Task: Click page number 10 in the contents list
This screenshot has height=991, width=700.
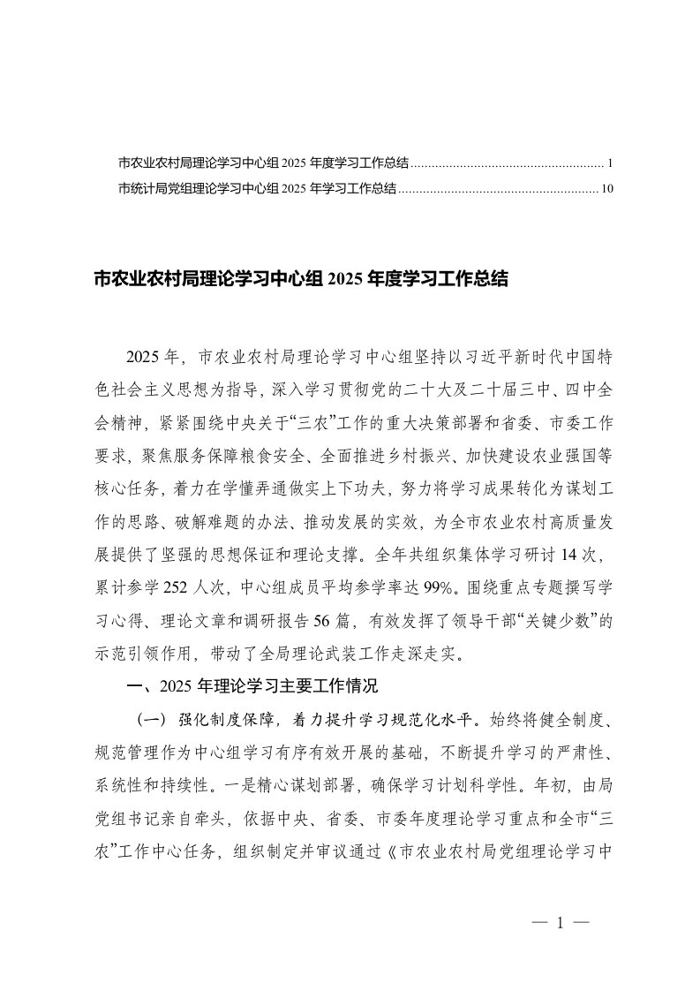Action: [x=606, y=188]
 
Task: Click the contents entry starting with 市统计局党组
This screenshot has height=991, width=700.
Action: [x=256, y=188]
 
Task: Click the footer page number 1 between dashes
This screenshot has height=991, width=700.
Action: [x=560, y=924]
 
